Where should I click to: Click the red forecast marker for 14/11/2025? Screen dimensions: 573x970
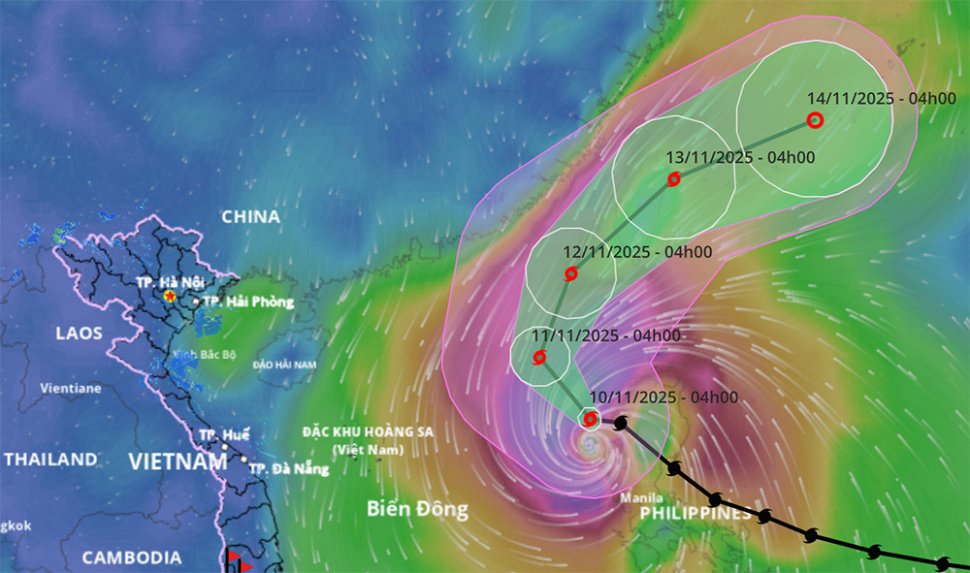point(815,120)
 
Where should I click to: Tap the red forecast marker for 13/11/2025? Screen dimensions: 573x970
point(673,178)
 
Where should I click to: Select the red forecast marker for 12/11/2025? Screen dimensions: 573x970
point(570,273)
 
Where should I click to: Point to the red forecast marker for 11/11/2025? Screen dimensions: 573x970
point(539,357)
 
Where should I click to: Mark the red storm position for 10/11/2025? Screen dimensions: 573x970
point(590,419)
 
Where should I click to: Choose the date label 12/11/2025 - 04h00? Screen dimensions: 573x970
point(637,252)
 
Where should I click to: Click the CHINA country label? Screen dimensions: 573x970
point(250,216)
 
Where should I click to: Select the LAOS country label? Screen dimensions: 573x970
point(79,334)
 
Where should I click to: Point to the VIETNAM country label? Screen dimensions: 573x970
point(178,462)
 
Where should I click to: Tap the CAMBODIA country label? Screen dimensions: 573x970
point(131,557)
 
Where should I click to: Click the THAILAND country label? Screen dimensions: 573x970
point(50,459)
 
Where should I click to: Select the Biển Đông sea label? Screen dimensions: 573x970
point(417,509)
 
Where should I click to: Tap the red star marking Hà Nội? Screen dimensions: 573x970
point(171,295)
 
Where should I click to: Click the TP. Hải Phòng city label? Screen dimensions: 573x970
point(248,302)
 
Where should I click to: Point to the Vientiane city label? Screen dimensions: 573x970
point(70,388)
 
